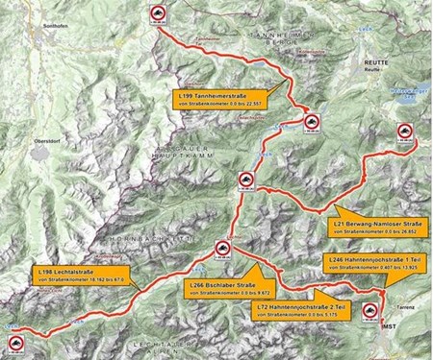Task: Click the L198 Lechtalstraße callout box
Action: coord(83,276)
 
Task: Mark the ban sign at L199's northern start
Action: coord(157,12)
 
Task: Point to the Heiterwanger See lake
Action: coord(409,93)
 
